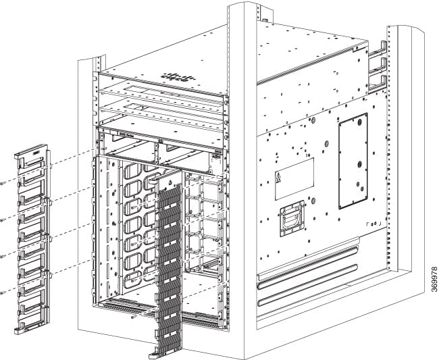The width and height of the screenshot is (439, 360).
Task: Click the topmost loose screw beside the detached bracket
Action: pos(3,182)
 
